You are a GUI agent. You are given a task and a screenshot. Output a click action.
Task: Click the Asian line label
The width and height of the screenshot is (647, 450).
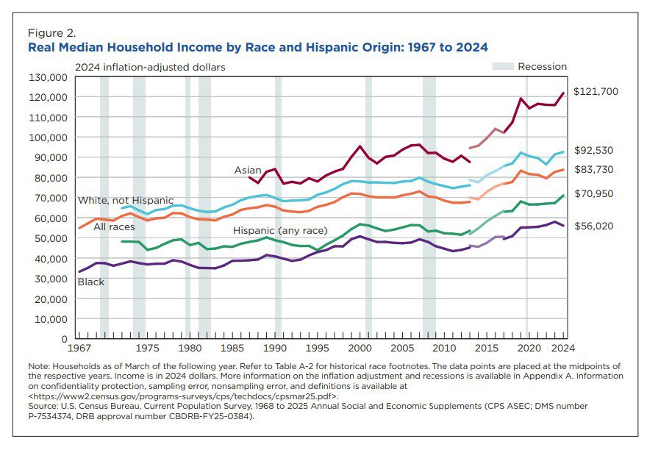click(247, 171)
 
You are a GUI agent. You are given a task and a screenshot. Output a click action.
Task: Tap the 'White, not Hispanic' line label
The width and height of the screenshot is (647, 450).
click(125, 200)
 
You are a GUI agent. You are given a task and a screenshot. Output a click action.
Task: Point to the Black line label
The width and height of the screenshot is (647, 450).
click(91, 282)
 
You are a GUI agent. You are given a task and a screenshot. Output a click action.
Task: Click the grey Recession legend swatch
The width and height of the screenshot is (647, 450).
click(503, 66)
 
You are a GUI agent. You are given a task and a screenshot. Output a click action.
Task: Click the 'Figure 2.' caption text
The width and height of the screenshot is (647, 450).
click(51, 33)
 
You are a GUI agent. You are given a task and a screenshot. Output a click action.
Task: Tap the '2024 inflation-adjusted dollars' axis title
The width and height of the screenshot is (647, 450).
click(150, 67)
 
